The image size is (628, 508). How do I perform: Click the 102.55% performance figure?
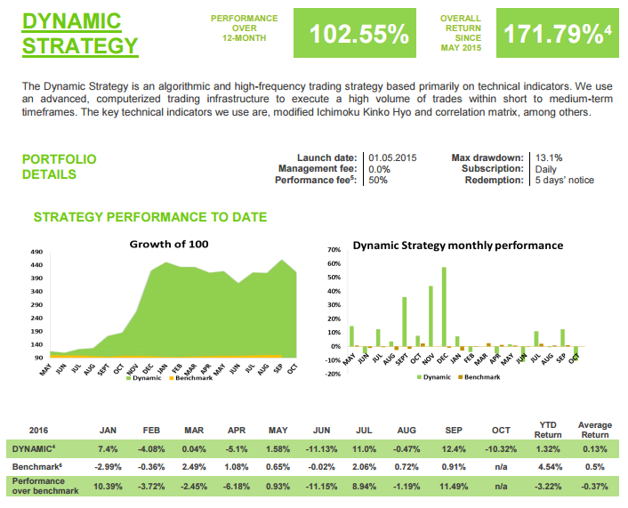tap(359, 34)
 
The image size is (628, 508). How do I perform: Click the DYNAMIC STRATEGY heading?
tap(80, 33)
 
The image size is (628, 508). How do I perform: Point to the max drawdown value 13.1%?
tap(550, 157)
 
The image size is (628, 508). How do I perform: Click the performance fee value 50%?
tap(378, 180)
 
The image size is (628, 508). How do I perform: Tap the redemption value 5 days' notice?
tap(564, 180)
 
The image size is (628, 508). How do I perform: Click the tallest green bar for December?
tap(443, 306)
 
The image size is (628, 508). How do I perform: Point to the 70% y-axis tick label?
tap(334, 250)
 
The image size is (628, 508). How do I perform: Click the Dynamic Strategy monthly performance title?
tap(457, 245)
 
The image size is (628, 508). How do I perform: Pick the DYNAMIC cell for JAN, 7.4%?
tap(109, 448)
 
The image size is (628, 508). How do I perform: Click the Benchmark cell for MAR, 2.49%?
tap(193, 466)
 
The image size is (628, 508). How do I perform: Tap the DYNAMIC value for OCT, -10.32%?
tap(501, 448)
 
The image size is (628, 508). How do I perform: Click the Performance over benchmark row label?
tap(45, 486)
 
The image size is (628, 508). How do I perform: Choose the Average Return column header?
tap(594, 430)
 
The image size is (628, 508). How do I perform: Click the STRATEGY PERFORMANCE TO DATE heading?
tap(149, 217)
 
